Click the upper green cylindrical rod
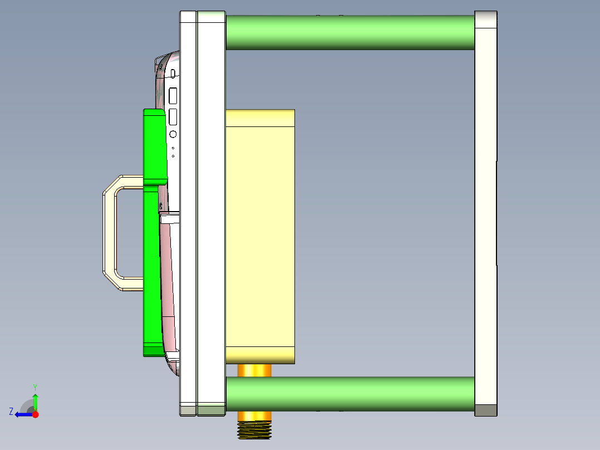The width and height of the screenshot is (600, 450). tap(350, 32)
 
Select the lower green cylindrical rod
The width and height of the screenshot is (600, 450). tap(350, 394)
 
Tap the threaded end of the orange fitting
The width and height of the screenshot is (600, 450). tap(254, 430)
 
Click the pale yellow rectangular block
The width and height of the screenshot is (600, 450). tap(260, 234)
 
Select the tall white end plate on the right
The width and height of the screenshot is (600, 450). tap(485, 212)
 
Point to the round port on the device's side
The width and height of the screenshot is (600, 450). tap(173, 134)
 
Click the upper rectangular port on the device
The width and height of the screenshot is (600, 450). tap(173, 96)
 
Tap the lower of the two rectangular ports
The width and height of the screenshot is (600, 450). tap(173, 116)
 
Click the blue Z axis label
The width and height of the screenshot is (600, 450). tap(11, 412)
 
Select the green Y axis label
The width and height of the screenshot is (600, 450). tap(35, 387)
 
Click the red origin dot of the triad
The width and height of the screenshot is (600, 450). tap(35, 414)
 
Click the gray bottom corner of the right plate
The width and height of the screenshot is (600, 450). tap(485, 410)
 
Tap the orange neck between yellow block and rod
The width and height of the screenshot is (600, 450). tap(254, 370)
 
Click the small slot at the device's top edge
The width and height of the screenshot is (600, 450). tap(173, 73)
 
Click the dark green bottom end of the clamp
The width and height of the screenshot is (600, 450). tap(153, 351)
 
